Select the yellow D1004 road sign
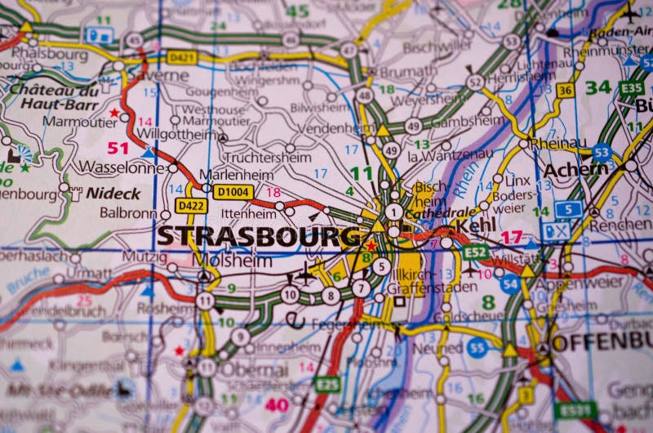coord(233,191)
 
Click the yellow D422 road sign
coord(191,206)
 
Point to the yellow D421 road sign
coord(182,57)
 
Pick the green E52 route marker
coord(475,252)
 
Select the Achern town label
coord(575,169)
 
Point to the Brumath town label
coord(408,71)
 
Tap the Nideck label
coord(113,194)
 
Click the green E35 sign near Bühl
coord(630,87)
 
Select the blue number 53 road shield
coord(602,152)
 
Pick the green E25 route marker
coord(327,383)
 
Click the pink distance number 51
coord(118,148)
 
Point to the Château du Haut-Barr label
coord(55,97)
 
